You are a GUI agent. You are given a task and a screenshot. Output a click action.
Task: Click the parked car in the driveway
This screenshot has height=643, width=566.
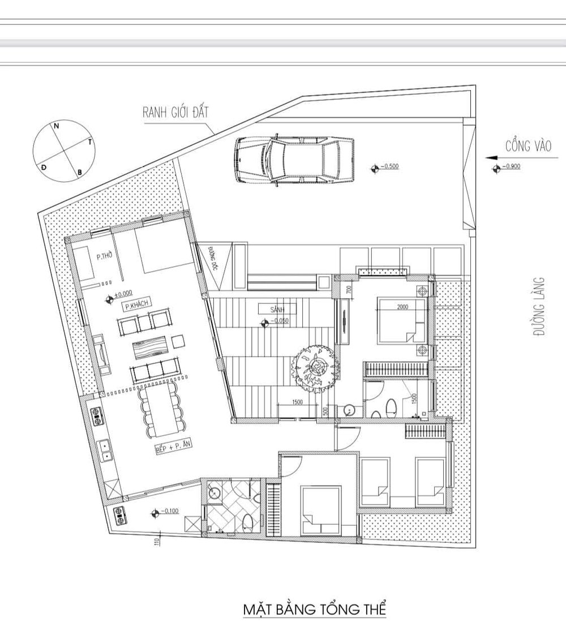point(294,160)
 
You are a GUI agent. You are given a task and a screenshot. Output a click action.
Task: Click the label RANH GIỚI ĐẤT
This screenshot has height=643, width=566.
point(175,112)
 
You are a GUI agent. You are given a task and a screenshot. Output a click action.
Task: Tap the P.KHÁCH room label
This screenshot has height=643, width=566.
point(135,305)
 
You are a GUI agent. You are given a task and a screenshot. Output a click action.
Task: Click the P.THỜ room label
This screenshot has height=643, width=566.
point(104,256)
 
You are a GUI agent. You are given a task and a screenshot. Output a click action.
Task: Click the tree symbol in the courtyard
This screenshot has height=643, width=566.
point(315,369)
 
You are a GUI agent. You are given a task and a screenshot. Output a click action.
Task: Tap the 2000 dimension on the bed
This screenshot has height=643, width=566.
point(402,307)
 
